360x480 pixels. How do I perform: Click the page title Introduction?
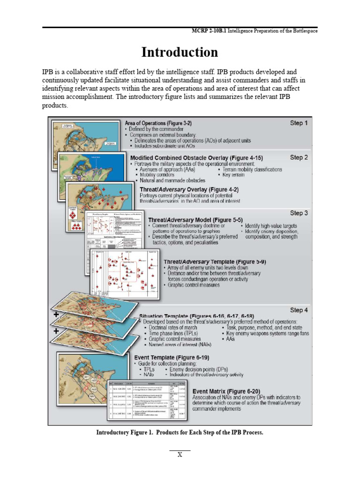tap(180, 52)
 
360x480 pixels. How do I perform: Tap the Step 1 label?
tap(299, 123)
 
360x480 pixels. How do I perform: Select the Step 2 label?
tap(299, 157)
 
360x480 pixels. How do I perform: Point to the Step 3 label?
tap(299, 213)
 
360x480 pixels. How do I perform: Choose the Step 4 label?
tap(299, 310)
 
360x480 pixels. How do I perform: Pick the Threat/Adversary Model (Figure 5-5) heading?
tap(195, 219)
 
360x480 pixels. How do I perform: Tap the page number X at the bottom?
tap(179, 455)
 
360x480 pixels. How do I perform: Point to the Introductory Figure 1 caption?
tap(180, 432)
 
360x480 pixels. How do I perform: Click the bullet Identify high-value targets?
tap(272, 226)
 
